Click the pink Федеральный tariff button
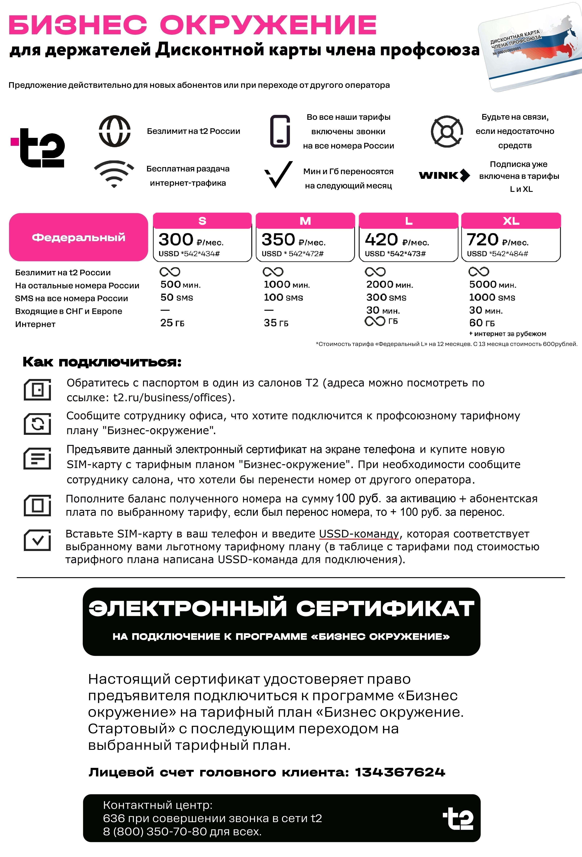pos(79,237)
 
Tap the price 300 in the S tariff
pos(176,240)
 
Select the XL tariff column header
pos(511,221)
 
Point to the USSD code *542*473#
pos(395,254)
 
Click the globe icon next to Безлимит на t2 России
pos(115,131)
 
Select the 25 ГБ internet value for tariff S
pos(172,323)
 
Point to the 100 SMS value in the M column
pos(283,298)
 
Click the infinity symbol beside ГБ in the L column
pos(375,321)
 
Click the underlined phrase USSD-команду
pos(359,534)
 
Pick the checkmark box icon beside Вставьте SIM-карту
pos(37,540)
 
